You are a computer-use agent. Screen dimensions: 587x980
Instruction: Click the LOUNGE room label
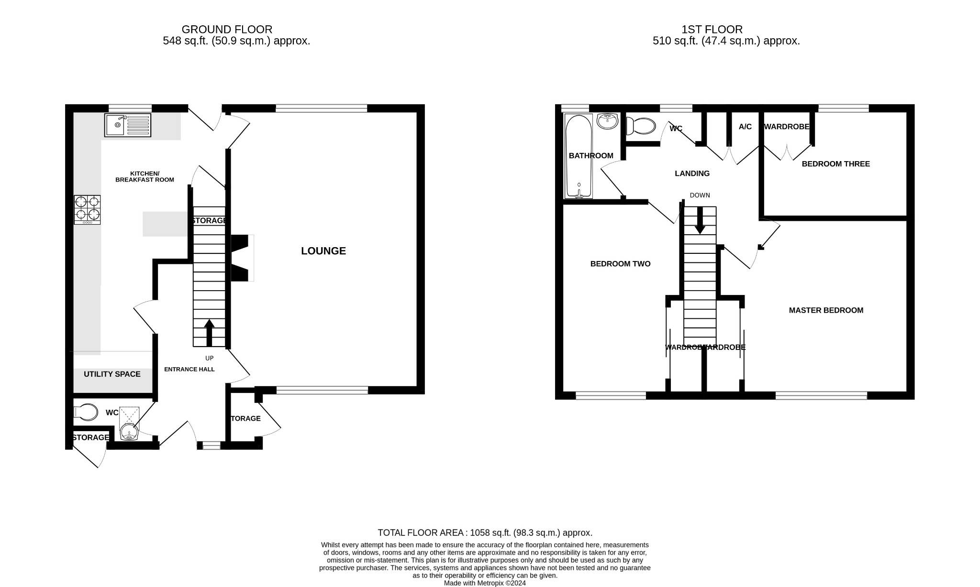point(323,251)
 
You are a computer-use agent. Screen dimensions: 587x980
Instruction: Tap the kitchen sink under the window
point(127,125)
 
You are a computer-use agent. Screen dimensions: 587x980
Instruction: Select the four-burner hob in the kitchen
point(87,209)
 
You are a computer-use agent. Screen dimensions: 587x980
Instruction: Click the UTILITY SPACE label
point(112,374)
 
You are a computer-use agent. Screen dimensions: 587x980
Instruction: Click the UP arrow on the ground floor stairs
point(209,332)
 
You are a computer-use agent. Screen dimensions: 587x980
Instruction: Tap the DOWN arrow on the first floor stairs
point(700,221)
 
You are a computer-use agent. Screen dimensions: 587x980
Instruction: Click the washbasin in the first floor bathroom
point(608,121)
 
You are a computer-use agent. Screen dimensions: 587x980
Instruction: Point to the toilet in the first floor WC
point(641,126)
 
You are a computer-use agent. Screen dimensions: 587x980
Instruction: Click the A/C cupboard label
point(745,127)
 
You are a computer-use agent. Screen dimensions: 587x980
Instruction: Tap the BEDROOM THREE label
point(835,164)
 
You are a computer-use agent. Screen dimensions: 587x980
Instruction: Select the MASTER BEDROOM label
point(826,310)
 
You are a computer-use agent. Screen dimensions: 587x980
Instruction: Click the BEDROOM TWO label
point(620,264)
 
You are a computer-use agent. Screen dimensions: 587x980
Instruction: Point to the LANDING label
point(692,174)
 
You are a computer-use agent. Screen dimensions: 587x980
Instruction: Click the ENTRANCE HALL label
point(189,369)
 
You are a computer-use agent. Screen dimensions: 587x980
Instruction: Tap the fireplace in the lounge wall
point(241,258)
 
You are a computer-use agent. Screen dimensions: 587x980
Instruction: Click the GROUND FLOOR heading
point(227,30)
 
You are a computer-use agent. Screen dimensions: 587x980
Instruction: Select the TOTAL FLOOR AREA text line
point(485,533)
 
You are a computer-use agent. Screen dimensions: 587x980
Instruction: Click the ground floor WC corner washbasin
point(129,433)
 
